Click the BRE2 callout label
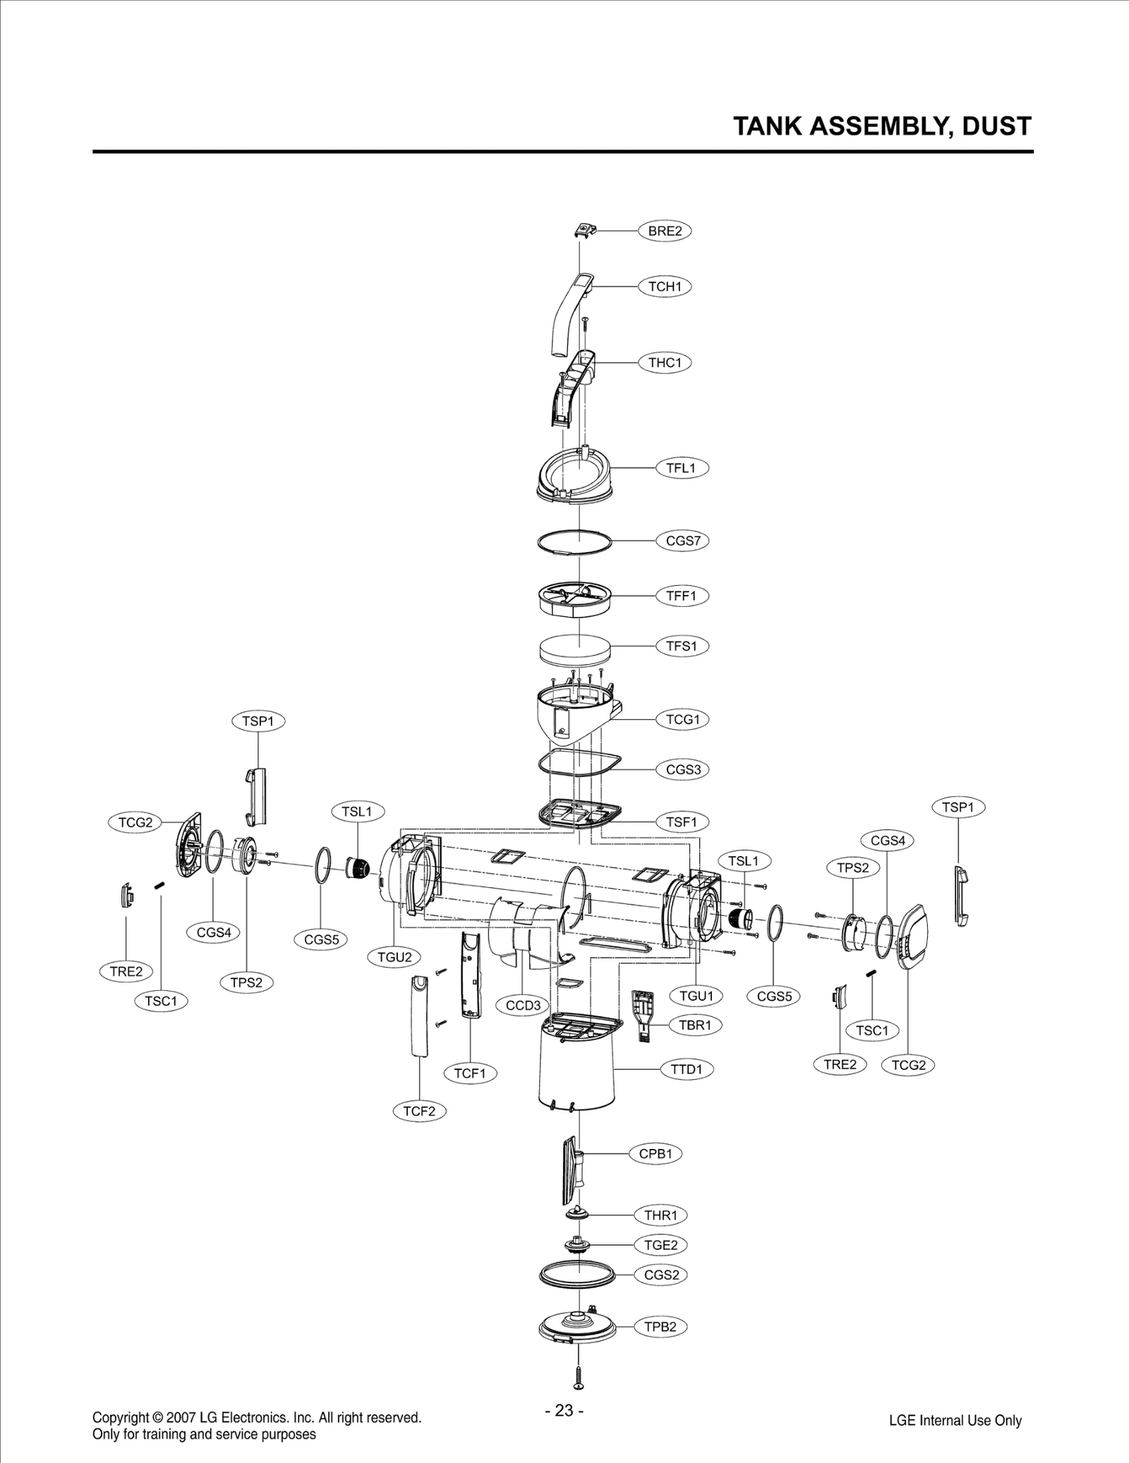pyautogui.click(x=665, y=231)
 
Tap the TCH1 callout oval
pyautogui.click(x=665, y=287)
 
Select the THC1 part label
pyautogui.click(x=665, y=363)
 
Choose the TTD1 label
pyautogui.click(x=687, y=1070)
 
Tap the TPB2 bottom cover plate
pyautogui.click(x=577, y=1327)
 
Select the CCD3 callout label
pyautogui.click(x=523, y=1006)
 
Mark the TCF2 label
pyautogui.click(x=419, y=1112)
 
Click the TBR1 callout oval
pyautogui.click(x=695, y=1025)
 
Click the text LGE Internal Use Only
pyautogui.click(x=955, y=1421)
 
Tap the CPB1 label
pyautogui.click(x=656, y=1154)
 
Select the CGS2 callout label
pyautogui.click(x=661, y=1275)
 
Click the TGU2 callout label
pyautogui.click(x=394, y=958)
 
